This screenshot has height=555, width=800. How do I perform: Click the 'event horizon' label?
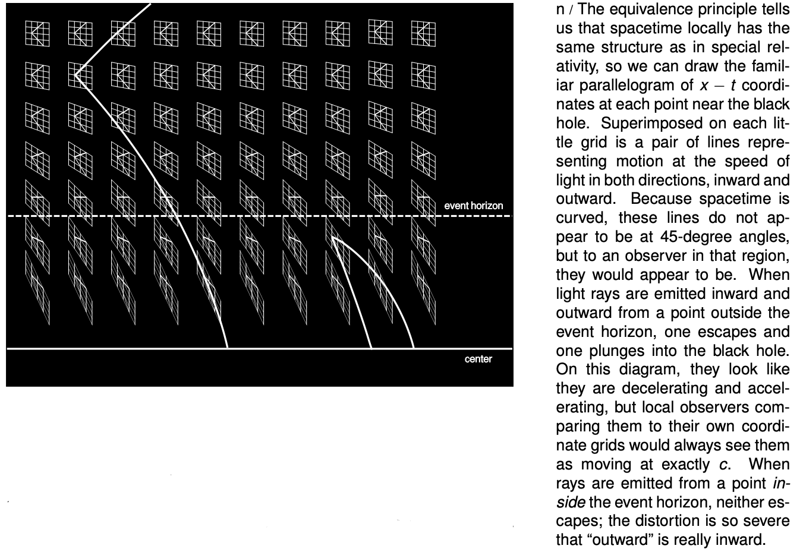(473, 206)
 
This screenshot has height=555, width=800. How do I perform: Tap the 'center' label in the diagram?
(478, 359)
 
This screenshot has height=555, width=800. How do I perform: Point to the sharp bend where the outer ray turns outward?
(76, 74)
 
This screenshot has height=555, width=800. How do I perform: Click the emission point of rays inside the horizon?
(333, 238)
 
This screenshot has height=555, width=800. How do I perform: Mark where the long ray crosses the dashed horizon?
(177, 216)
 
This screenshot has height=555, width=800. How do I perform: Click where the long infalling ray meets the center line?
(227, 348)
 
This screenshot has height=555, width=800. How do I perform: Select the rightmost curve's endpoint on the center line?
(414, 348)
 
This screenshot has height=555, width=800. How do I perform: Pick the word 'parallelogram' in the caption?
(632, 84)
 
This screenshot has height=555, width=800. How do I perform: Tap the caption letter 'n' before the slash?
(560, 10)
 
